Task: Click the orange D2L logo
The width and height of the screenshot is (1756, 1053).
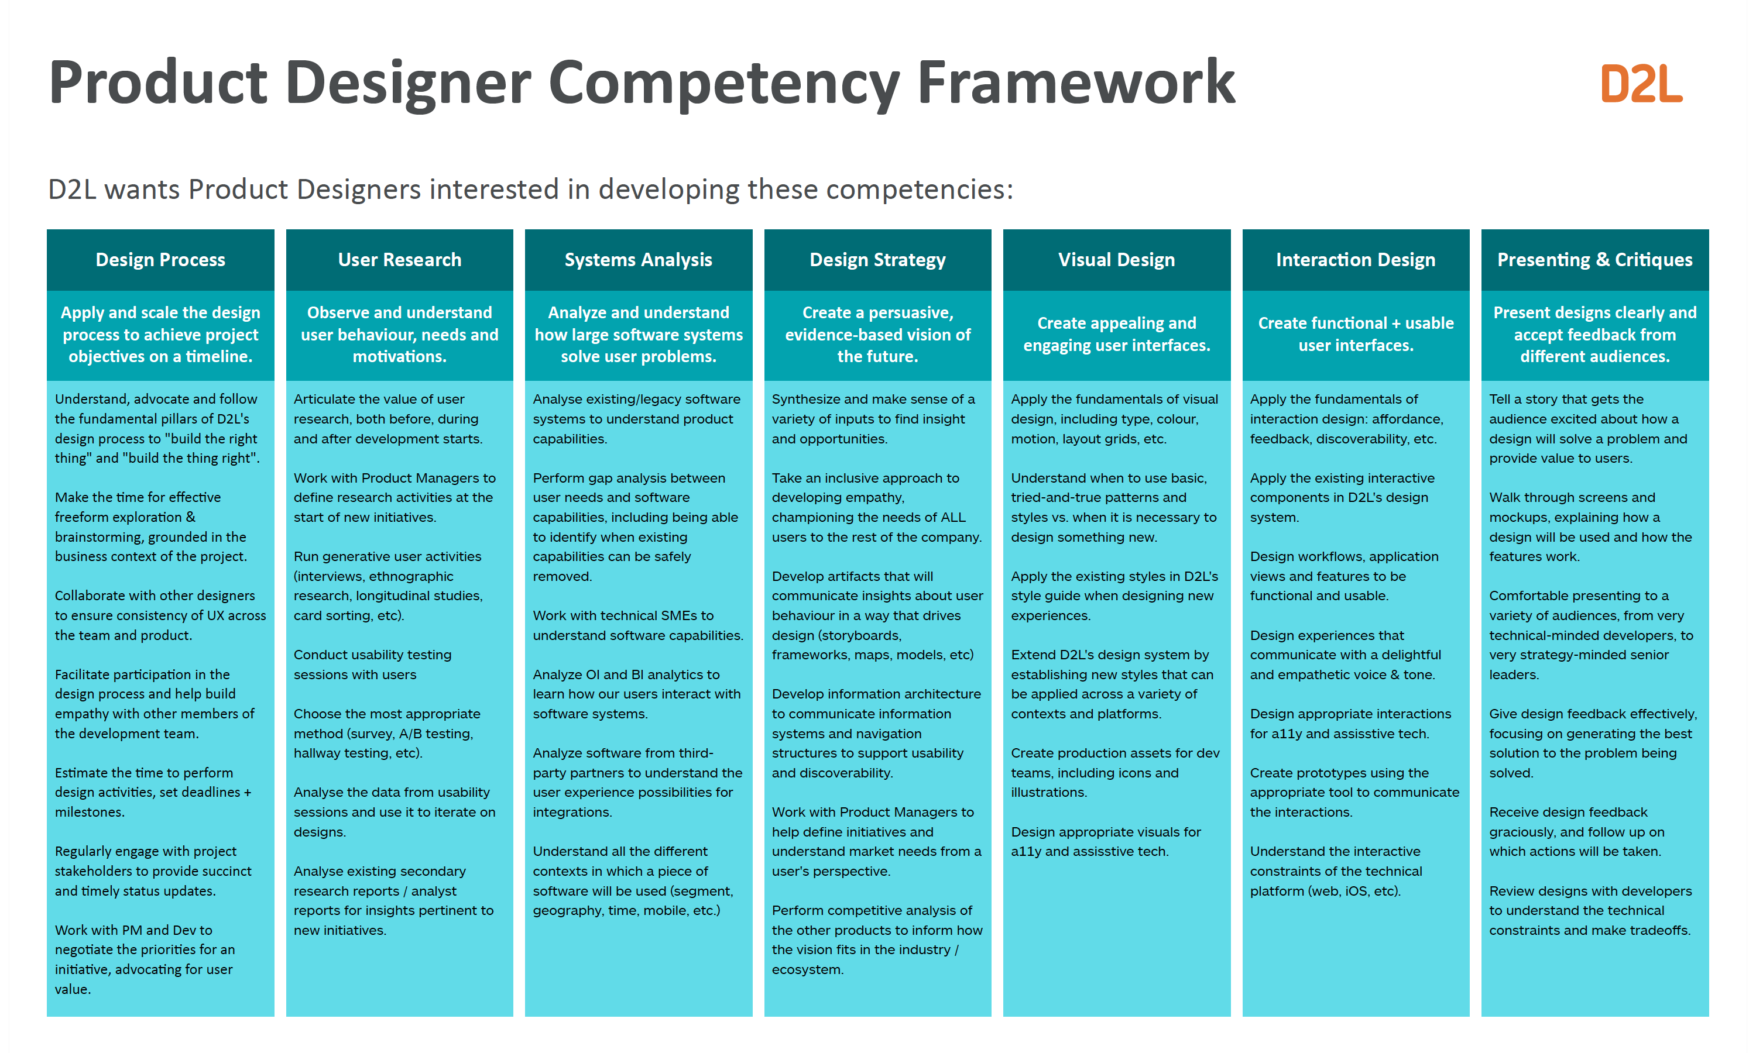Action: pos(1641,84)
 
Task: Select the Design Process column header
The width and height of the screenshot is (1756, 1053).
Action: pos(160,260)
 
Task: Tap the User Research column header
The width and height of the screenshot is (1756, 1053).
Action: pos(400,260)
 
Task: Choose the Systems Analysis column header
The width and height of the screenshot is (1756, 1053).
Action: pos(639,260)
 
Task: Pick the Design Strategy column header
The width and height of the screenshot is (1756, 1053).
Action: pos(878,260)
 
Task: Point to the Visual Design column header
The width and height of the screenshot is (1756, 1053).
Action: pos(1116,260)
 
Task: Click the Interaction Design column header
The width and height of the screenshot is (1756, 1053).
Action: pos(1356,260)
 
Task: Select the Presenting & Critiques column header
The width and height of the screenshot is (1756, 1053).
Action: pos(1595,260)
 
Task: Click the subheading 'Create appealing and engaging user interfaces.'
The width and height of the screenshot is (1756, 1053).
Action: pos(1116,334)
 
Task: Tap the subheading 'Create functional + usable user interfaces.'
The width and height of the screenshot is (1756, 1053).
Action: pos(1356,334)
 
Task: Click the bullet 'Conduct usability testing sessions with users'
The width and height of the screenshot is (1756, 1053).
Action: pos(373,664)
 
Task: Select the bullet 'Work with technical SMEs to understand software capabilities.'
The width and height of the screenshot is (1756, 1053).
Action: pos(638,625)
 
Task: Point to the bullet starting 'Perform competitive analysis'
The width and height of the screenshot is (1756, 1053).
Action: pos(877,940)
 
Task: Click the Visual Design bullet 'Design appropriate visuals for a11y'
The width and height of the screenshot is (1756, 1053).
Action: pos(1106,842)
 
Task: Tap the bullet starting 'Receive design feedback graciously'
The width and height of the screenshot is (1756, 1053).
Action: pos(1576,832)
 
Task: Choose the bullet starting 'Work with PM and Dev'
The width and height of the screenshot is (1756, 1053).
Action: pos(145,959)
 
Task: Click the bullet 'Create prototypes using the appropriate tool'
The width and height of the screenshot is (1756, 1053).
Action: pos(1354,792)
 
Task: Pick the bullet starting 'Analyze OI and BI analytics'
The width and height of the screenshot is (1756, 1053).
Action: pos(637,694)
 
